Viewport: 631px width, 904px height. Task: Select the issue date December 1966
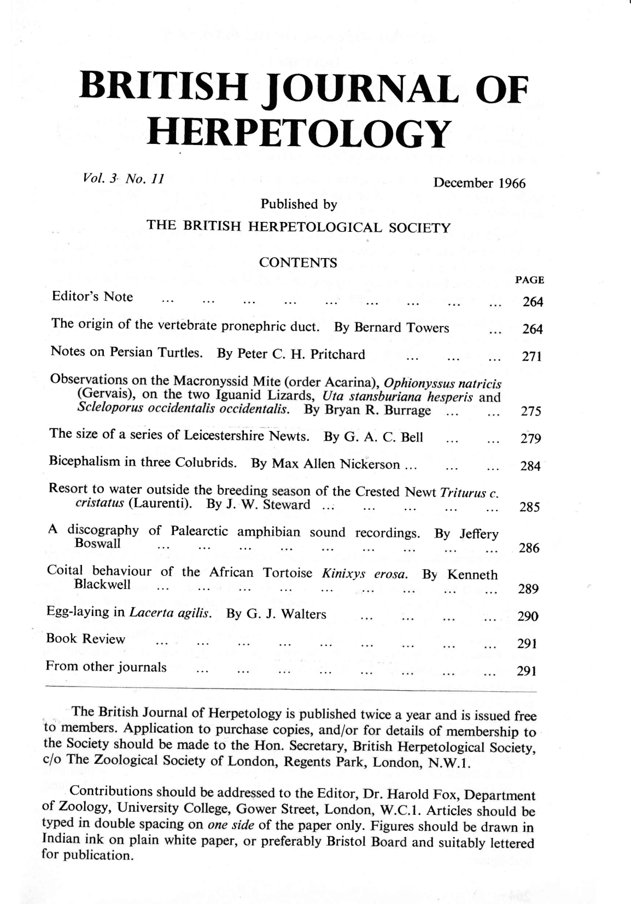(x=479, y=183)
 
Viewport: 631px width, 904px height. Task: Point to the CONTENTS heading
(x=298, y=263)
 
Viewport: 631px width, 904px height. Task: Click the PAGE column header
(x=529, y=280)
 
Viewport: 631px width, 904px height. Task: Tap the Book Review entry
(x=86, y=639)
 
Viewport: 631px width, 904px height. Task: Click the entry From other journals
(x=106, y=667)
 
